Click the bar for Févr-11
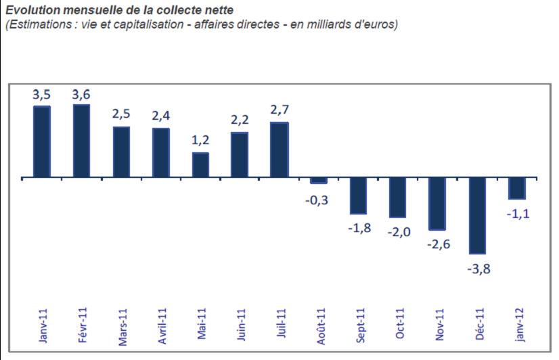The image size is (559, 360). (x=82, y=141)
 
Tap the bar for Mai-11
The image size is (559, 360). (x=200, y=165)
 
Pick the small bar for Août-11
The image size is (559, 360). (x=319, y=181)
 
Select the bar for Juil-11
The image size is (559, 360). (x=279, y=150)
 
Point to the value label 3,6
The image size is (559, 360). (x=82, y=94)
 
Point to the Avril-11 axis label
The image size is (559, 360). (x=162, y=326)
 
